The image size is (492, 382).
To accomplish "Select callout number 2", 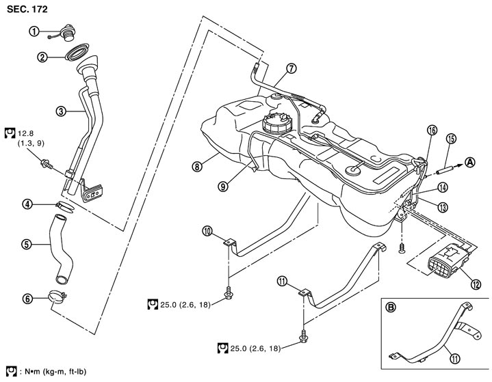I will pos(43,57).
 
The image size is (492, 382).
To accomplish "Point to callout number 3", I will pos(61,109).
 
